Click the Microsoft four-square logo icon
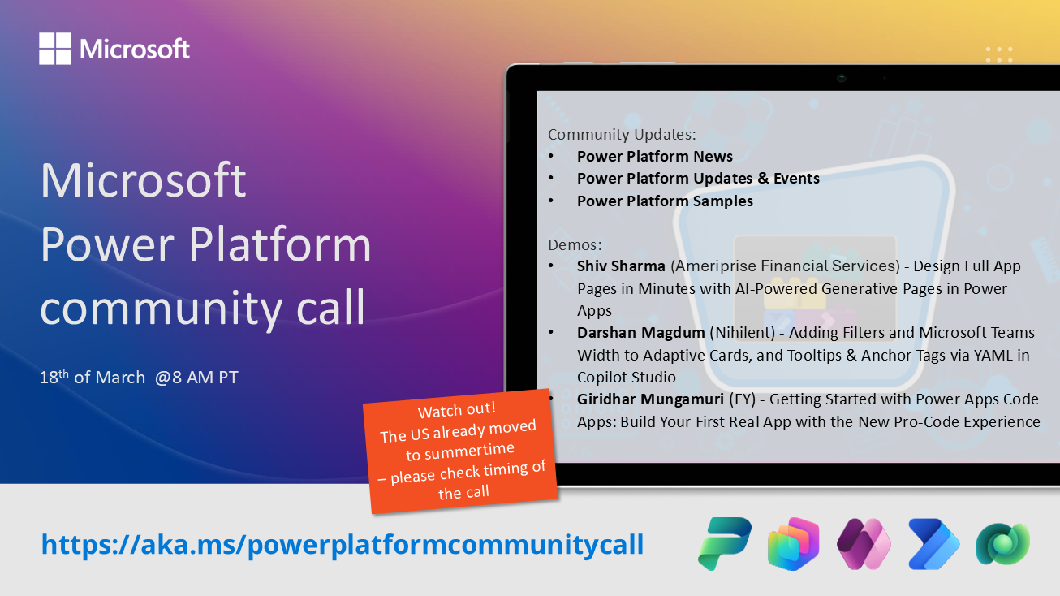[x=55, y=49]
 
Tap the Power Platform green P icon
[x=725, y=543]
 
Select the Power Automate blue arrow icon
[x=933, y=544]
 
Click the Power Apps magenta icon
[x=864, y=544]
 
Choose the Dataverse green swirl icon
[x=1002, y=544]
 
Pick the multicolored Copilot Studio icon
[x=794, y=544]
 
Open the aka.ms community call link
[x=343, y=545]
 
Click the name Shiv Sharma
[x=621, y=266]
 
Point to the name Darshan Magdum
[x=640, y=333]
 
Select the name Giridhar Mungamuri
[x=650, y=399]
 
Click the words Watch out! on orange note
[x=457, y=410]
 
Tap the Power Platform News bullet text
[x=654, y=156]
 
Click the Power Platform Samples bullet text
[x=665, y=201]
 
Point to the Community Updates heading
[x=622, y=135]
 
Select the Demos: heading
[x=575, y=244]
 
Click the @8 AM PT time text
[x=196, y=378]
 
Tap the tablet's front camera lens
[x=841, y=78]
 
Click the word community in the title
[x=161, y=309]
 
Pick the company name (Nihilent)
[x=742, y=333]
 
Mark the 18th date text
[x=54, y=378]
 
